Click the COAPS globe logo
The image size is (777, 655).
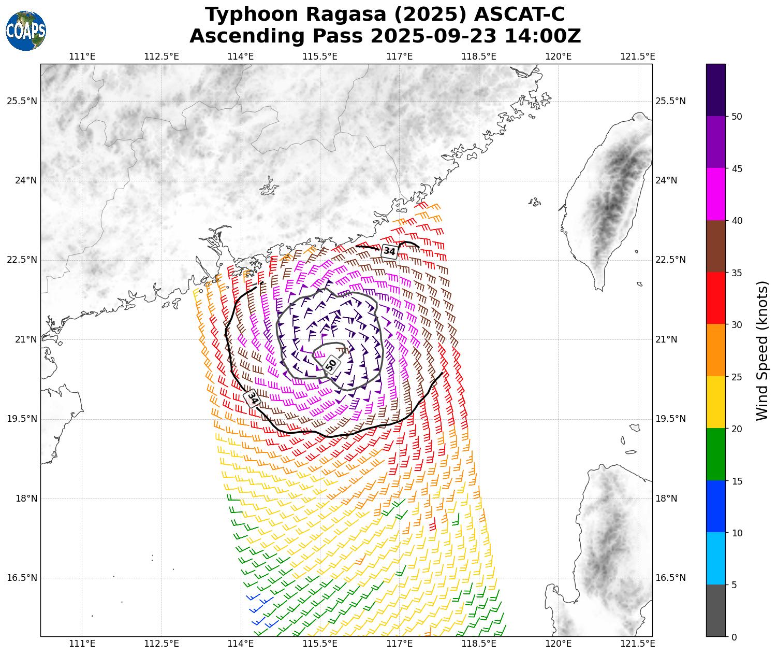click(26, 31)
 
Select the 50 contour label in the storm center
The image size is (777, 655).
click(331, 364)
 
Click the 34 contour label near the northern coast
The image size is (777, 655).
click(389, 251)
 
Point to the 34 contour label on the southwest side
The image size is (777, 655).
click(252, 398)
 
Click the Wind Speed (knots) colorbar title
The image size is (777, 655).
click(762, 351)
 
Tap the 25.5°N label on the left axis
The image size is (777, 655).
click(22, 101)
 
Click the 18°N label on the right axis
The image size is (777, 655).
click(666, 499)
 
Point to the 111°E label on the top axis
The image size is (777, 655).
click(82, 56)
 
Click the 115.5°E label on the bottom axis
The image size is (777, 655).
click(320, 644)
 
